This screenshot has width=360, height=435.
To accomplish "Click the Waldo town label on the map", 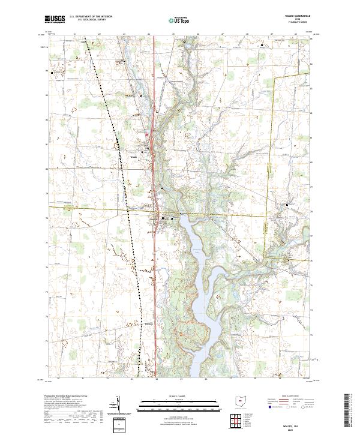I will tap(134, 158).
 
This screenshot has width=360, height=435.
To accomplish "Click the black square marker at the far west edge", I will tap(52, 73).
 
